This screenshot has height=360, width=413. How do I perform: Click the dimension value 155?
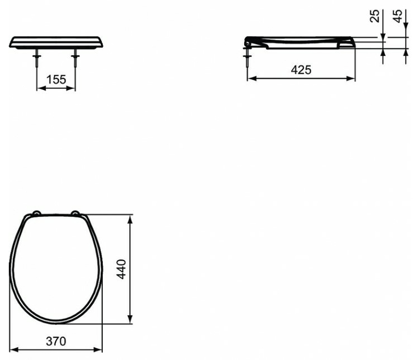(56, 80)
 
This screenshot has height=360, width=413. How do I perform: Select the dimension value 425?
(301, 70)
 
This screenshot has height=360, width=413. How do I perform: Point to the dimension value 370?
(57, 340)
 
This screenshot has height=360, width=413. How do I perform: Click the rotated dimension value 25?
(375, 15)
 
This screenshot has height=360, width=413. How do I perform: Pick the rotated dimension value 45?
(397, 15)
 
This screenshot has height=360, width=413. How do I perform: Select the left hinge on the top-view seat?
(37, 213)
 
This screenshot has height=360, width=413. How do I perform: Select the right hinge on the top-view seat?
(76, 213)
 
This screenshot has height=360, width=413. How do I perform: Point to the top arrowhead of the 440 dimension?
(132, 220)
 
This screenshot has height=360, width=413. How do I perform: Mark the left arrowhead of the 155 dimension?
(40, 88)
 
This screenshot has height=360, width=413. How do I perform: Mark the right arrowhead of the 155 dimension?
(73, 88)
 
